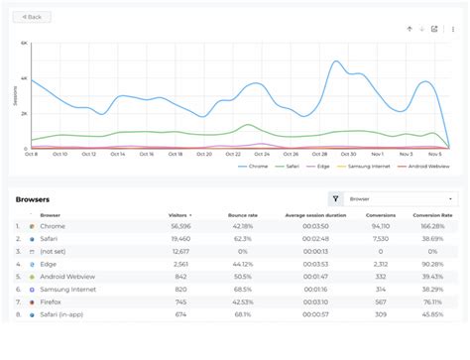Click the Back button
[32, 17]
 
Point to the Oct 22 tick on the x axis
[234, 154]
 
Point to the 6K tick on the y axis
[24, 44]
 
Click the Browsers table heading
[33, 199]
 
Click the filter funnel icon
[335, 198]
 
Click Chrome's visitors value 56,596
[180, 226]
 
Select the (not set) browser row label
[51, 252]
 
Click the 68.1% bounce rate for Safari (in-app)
[241, 314]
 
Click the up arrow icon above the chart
[409, 29]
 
